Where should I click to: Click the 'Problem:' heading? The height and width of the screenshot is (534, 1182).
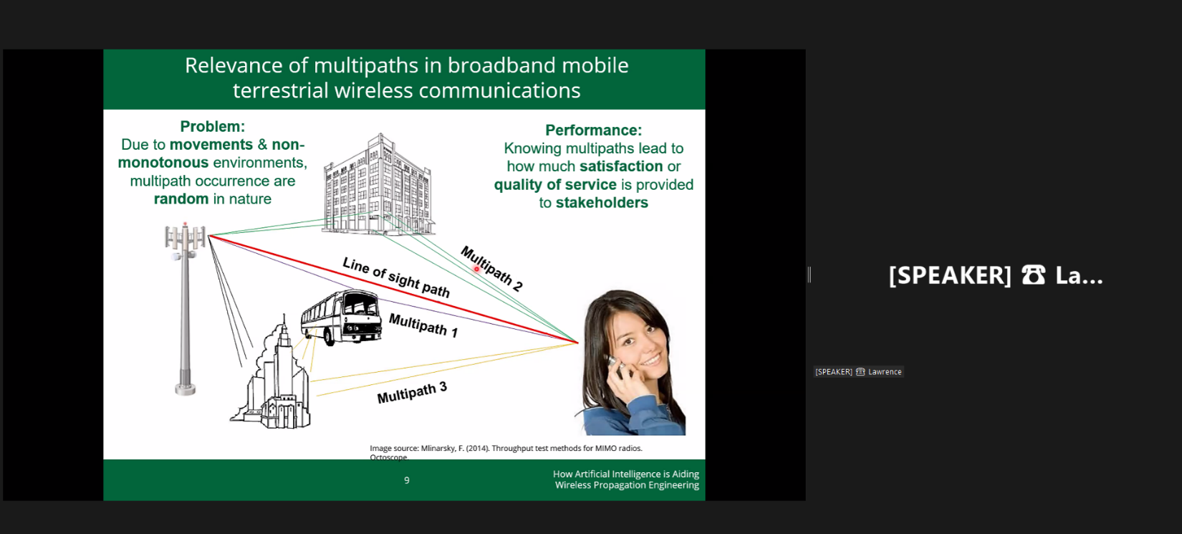[213, 127]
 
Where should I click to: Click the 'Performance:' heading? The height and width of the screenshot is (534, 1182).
[594, 130]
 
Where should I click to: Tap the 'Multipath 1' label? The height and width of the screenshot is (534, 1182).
[423, 325]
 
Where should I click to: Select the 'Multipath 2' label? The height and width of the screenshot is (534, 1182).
[491, 268]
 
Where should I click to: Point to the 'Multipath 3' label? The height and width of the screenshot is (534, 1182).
[412, 393]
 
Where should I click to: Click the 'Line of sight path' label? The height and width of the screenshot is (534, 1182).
[395, 278]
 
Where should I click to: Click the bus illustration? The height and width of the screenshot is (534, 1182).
[341, 318]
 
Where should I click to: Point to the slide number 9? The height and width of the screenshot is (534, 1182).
[407, 480]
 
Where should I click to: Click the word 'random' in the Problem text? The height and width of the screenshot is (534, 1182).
[181, 199]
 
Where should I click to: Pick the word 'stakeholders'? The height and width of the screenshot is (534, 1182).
[602, 203]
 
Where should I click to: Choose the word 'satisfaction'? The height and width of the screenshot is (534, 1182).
[621, 166]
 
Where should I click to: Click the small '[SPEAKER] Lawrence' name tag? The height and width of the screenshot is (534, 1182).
[858, 372]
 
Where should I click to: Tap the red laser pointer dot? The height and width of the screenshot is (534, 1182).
[476, 270]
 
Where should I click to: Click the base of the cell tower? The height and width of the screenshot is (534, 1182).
[186, 388]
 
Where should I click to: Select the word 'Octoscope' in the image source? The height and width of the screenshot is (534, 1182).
[389, 457]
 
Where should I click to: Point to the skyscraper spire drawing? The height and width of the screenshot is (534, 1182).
[284, 330]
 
